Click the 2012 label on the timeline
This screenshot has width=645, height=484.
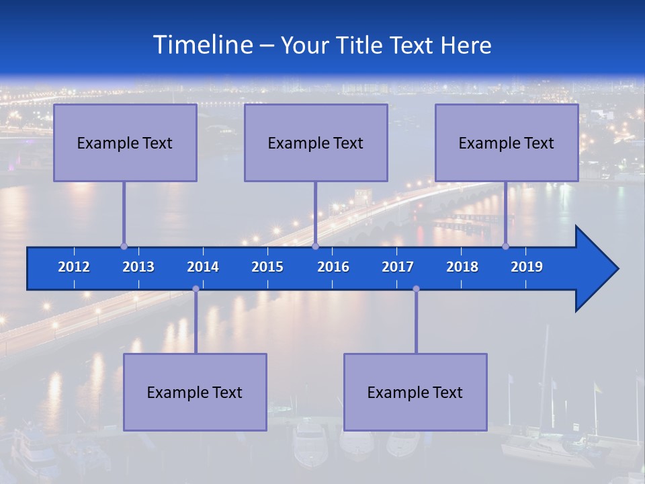coord(74,267)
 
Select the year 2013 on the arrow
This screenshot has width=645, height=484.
coord(138,267)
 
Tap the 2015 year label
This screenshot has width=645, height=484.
coord(267,267)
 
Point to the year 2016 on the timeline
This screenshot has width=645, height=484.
coord(333,267)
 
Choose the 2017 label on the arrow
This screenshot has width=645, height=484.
coord(398,267)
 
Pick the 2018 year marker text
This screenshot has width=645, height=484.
coord(462,267)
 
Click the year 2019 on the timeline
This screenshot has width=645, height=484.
coord(527,267)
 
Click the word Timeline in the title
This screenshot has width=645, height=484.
coord(202,44)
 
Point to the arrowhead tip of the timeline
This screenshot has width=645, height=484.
coord(617,269)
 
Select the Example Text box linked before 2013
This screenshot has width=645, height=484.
coord(125,143)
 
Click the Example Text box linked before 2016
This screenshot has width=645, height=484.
coord(316,143)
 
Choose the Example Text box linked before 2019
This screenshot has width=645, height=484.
coord(507,143)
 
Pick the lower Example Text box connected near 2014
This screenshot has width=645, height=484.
coord(195,392)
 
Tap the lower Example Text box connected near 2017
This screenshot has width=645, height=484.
coord(415,392)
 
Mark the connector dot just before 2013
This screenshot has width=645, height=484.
coord(124,246)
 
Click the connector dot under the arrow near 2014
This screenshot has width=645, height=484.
coord(196,289)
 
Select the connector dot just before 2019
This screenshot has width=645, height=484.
coord(506,246)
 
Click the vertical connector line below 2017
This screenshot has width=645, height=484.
coord(416,321)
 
